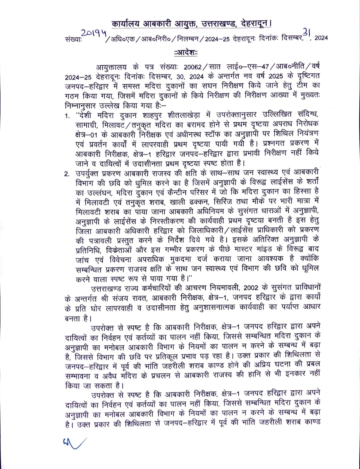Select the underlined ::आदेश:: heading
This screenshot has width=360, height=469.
(186, 53)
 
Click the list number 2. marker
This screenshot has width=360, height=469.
(67, 174)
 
